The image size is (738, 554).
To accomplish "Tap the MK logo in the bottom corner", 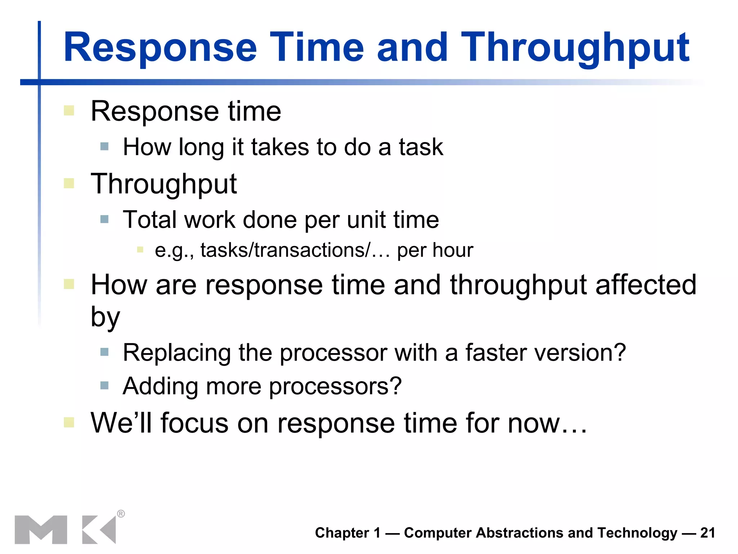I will (65, 529).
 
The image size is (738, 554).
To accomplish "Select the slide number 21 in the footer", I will (708, 533).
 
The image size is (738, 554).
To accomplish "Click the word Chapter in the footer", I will (342, 533).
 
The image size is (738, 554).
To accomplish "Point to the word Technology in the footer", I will (637, 533).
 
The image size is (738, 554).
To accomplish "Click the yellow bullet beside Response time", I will (69, 110).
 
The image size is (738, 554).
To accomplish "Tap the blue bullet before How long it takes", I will (105, 146).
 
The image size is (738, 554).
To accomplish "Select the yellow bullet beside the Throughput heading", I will (69, 183).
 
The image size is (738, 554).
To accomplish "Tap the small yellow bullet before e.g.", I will (140, 250).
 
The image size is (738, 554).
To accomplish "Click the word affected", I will (645, 285).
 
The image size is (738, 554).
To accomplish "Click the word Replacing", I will (177, 352).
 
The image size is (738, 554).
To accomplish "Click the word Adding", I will (160, 386).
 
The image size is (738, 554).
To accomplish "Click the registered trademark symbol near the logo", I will (121, 514).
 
